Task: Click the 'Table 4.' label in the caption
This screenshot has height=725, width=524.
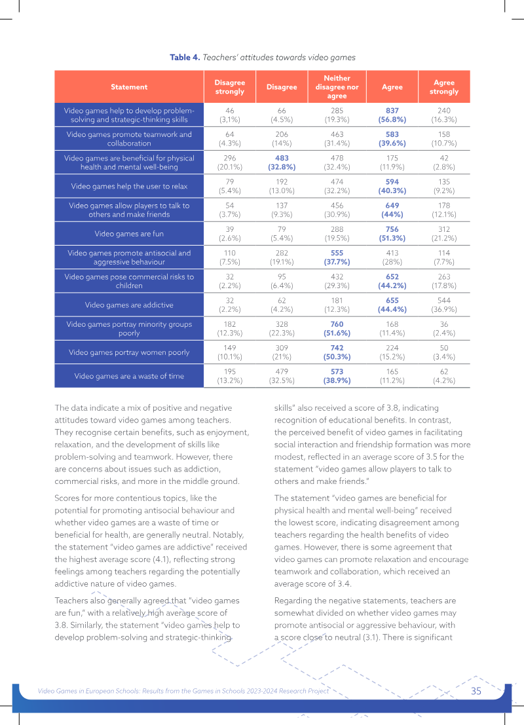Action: (185, 58)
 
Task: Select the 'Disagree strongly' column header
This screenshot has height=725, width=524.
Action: (229, 87)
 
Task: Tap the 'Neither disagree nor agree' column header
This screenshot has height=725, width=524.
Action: (337, 87)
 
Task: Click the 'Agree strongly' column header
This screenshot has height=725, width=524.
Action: (444, 87)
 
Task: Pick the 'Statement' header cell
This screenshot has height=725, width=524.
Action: (129, 87)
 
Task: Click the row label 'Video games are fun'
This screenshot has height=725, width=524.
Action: (129, 234)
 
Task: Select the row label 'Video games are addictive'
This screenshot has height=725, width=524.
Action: (129, 305)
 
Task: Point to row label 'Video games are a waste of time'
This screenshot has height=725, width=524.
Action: (129, 376)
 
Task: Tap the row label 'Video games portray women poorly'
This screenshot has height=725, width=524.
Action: (129, 352)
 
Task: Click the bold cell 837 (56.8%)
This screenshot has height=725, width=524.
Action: (392, 115)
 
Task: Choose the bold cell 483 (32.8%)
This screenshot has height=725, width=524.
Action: (282, 162)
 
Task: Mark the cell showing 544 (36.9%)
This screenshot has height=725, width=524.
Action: (444, 305)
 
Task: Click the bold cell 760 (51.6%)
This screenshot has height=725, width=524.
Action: (337, 329)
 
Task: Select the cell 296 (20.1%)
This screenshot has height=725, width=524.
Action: (229, 162)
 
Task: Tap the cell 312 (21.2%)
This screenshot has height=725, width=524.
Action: (444, 234)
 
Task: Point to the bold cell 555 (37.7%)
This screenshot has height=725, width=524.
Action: (337, 257)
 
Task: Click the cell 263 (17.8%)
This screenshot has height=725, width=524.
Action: (444, 281)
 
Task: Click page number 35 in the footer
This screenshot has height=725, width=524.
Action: (476, 691)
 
